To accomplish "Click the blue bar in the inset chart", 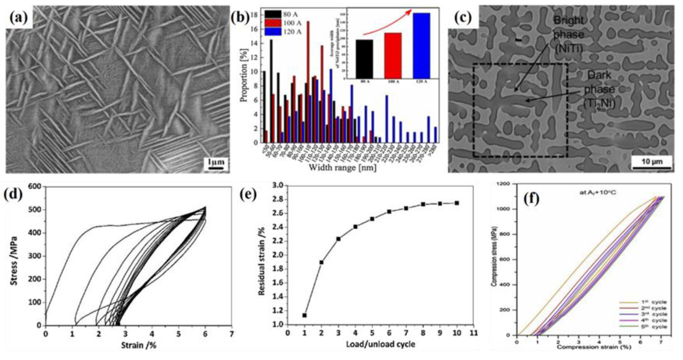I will pos(422,45).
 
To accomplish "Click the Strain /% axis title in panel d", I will pos(139,345).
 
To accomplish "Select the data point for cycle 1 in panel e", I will pos(304,315).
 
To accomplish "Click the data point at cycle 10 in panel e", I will pos(457,203).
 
